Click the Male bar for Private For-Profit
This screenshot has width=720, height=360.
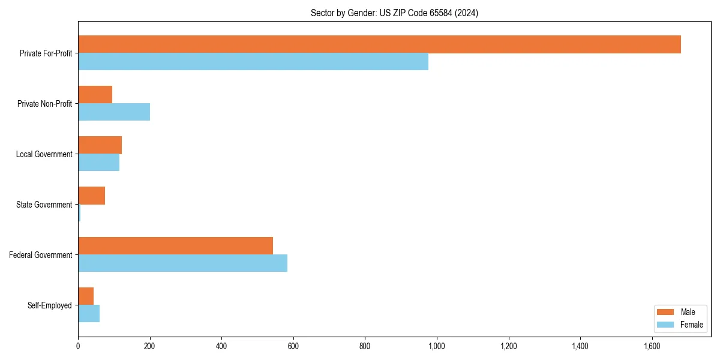click(379, 44)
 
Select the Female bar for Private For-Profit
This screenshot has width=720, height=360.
click(253, 62)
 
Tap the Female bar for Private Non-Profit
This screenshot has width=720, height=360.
click(114, 112)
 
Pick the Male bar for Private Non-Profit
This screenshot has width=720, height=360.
click(95, 95)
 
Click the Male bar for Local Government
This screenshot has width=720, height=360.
click(100, 145)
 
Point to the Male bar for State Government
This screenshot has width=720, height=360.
click(91, 196)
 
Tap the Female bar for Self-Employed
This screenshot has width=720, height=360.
click(89, 314)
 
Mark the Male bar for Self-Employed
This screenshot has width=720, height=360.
click(86, 296)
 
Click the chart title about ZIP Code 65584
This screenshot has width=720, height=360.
click(394, 13)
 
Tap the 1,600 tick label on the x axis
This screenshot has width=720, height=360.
click(652, 346)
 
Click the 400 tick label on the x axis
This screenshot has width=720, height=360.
click(221, 346)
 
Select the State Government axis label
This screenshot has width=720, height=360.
click(44, 205)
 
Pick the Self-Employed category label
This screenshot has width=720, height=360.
click(49, 305)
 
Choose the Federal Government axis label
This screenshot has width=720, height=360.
click(40, 255)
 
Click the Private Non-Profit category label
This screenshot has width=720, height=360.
click(44, 104)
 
